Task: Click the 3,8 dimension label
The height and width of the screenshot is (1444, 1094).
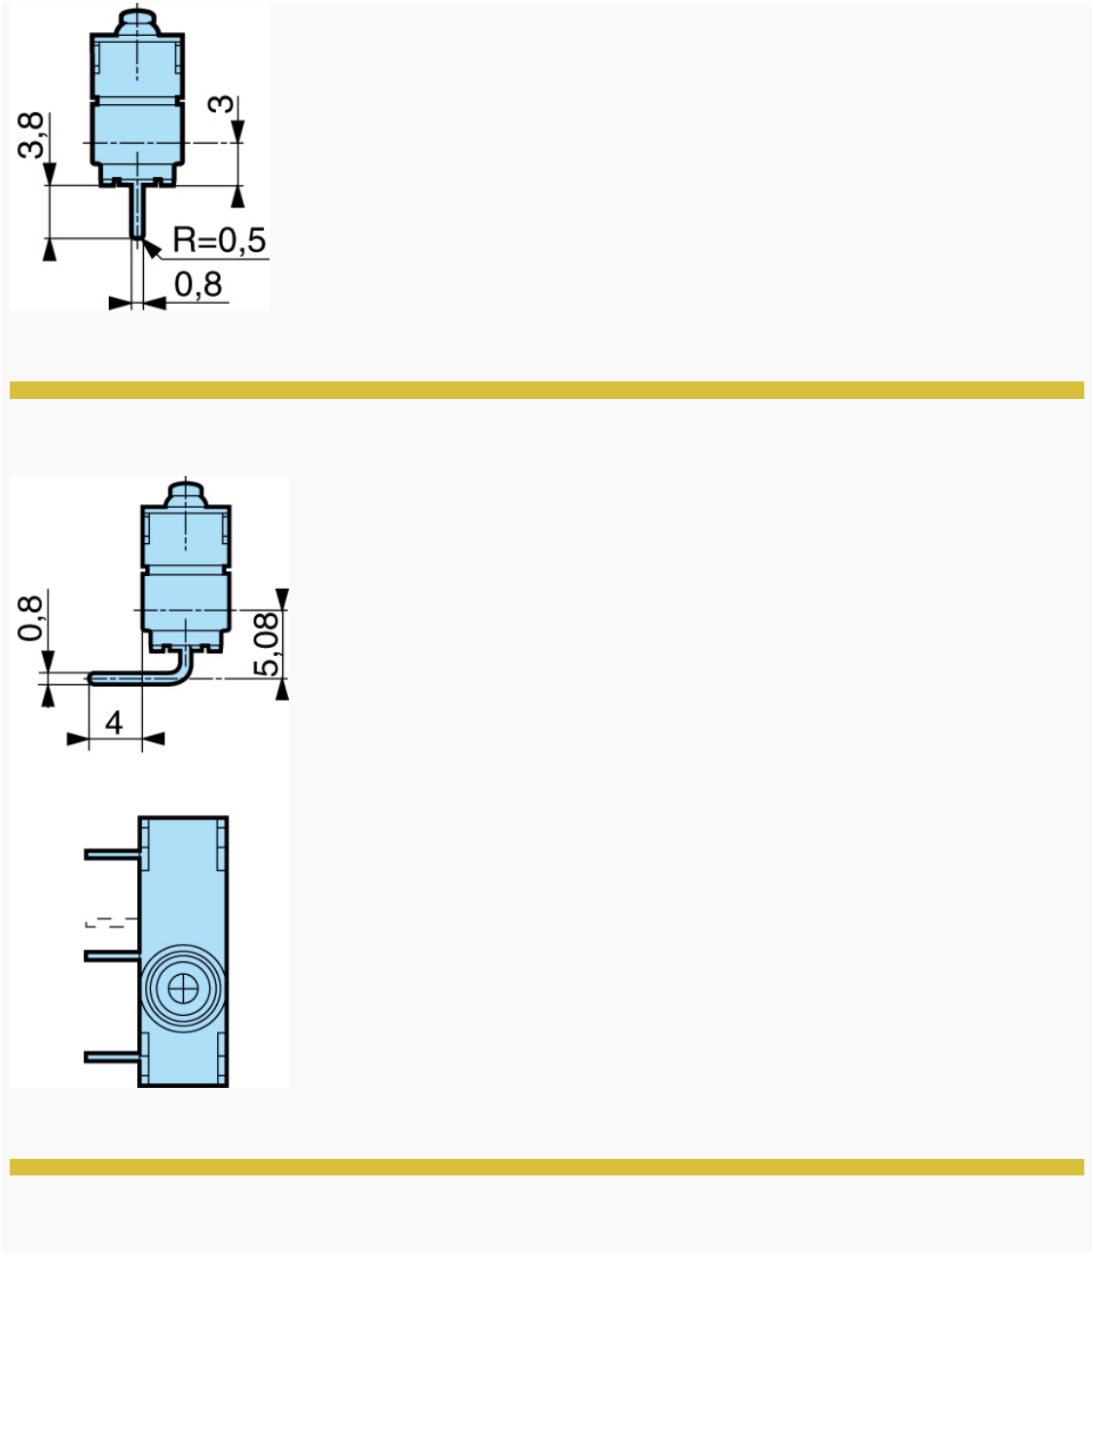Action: pos(32,134)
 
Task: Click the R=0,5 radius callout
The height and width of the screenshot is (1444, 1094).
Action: pos(219,239)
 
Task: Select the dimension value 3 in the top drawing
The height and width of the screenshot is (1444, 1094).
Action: pos(226,103)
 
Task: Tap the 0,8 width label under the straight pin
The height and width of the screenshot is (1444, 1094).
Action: pos(199,285)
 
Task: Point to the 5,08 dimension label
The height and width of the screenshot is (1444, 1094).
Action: pos(267,643)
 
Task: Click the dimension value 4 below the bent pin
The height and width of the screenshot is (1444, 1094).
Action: pos(114,723)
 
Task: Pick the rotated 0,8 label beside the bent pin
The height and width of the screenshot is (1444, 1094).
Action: pos(31,618)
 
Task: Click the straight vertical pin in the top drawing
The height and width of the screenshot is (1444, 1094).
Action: pos(137,210)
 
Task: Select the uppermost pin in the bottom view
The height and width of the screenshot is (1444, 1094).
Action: pos(112,854)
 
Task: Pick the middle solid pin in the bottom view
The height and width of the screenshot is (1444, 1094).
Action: pos(112,957)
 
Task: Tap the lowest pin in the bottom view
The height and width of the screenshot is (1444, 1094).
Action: pos(112,1057)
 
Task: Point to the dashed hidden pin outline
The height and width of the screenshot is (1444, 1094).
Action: pos(110,921)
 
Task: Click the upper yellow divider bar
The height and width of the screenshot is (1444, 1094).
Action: pos(546,390)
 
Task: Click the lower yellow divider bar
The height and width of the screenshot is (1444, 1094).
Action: pos(546,1167)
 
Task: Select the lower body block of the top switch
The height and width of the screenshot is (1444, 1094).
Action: pos(137,136)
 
